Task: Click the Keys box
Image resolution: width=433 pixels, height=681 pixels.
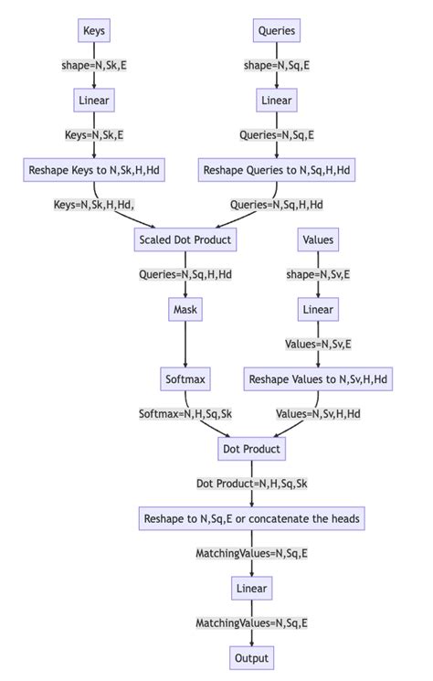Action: point(94,31)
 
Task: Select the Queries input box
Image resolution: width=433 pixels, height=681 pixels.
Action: point(276,31)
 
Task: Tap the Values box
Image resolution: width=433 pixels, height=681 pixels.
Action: point(317,240)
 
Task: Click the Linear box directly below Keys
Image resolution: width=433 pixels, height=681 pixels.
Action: point(94,101)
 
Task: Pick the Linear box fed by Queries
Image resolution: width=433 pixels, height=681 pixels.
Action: point(276,101)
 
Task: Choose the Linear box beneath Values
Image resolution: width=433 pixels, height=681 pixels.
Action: point(317,310)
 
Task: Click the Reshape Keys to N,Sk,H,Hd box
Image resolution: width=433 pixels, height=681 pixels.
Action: point(94,170)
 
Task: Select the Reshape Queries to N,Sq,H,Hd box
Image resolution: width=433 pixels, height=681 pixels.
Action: point(276,170)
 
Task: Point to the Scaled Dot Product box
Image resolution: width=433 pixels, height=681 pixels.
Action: point(185,240)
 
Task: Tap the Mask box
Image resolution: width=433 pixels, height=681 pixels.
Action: point(185,310)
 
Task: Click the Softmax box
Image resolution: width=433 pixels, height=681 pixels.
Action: point(185,379)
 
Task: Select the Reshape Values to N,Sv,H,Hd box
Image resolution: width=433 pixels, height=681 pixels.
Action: point(317,379)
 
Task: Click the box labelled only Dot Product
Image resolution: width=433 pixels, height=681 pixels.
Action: point(251,449)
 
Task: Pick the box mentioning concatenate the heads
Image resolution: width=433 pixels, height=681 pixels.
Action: point(251,518)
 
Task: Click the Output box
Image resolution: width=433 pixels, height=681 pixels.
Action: point(251,657)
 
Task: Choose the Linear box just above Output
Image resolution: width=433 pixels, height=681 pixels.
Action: point(251,588)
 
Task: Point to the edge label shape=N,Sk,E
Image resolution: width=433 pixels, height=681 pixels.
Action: point(94,66)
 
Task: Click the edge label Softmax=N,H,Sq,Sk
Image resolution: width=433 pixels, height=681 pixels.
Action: point(185,414)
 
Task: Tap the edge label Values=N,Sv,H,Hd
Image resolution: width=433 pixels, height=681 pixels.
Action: point(317,414)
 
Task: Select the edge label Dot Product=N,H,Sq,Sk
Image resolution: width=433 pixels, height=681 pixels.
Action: point(251,484)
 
